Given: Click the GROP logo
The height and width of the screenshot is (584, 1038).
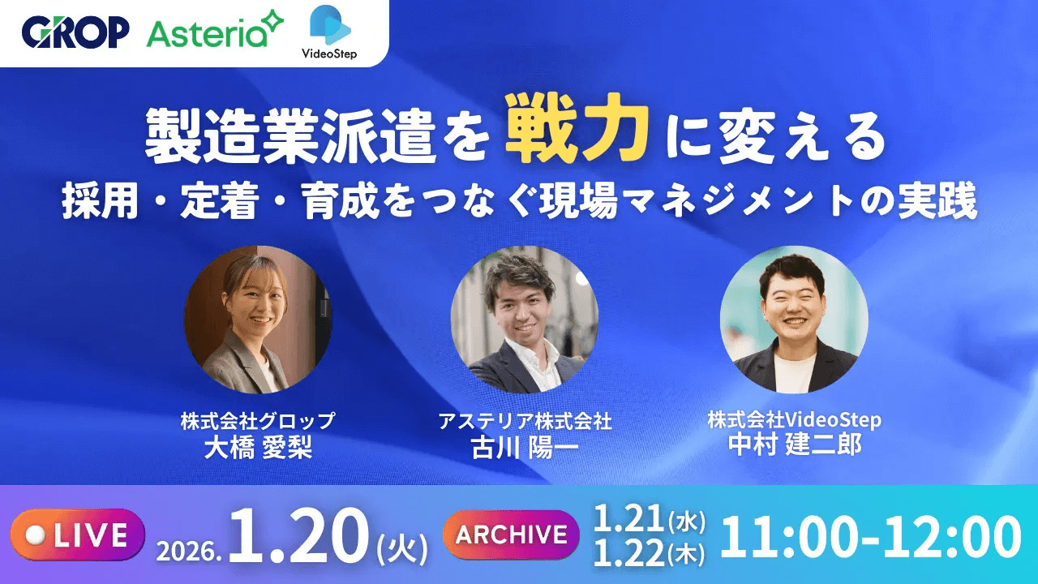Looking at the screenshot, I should point(75,32).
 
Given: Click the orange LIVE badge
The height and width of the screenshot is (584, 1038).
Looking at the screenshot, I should point(78,535).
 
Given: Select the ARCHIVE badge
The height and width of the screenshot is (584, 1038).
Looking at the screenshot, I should point(511,535).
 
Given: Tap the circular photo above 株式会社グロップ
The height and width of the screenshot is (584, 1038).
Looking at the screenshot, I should point(258,320).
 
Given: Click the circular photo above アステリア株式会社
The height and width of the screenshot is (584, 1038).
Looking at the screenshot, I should point(525,320).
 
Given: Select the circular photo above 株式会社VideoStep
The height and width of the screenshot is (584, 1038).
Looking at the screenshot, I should point(794,320).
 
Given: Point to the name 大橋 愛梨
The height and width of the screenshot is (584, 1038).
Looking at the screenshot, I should point(258,448).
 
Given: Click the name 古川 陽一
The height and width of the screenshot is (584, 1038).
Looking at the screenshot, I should point(525,448).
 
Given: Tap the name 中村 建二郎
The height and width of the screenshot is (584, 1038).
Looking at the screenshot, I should point(794,446).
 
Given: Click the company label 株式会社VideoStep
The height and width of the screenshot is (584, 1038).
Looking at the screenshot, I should point(794,421).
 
